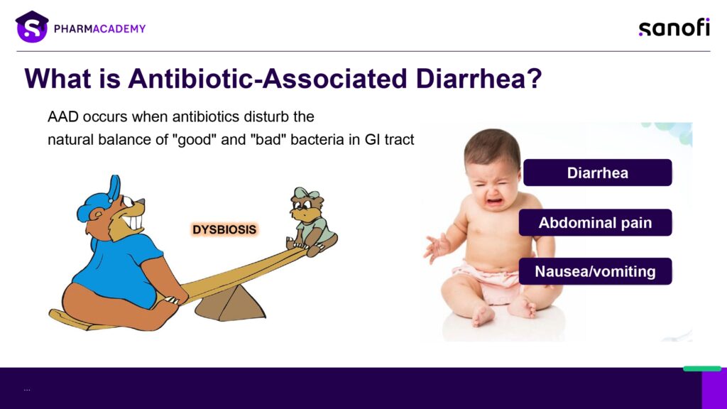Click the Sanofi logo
[x=674, y=28]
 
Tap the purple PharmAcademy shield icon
[x=32, y=27]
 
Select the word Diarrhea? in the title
[x=479, y=78]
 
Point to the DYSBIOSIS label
[x=224, y=229]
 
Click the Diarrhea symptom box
[x=598, y=173]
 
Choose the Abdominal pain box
[x=596, y=222]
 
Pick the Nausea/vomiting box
[x=596, y=271]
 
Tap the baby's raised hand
[x=437, y=247]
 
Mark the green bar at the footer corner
[x=702, y=369]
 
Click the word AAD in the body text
[x=63, y=116]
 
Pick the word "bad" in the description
[x=269, y=140]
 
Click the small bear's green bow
[x=306, y=192]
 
